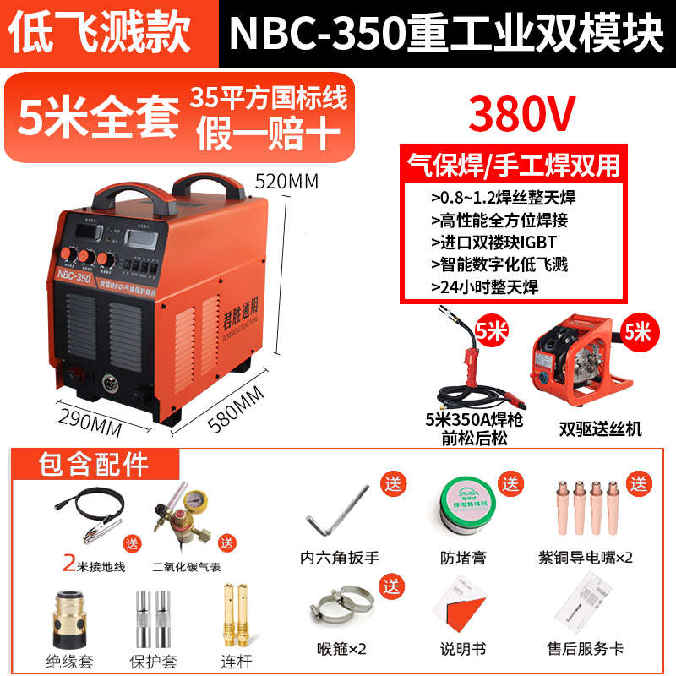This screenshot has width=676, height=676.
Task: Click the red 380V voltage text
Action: click(x=505, y=111)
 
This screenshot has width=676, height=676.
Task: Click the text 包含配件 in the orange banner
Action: click(x=93, y=465)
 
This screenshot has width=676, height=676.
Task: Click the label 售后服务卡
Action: click(x=585, y=649)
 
